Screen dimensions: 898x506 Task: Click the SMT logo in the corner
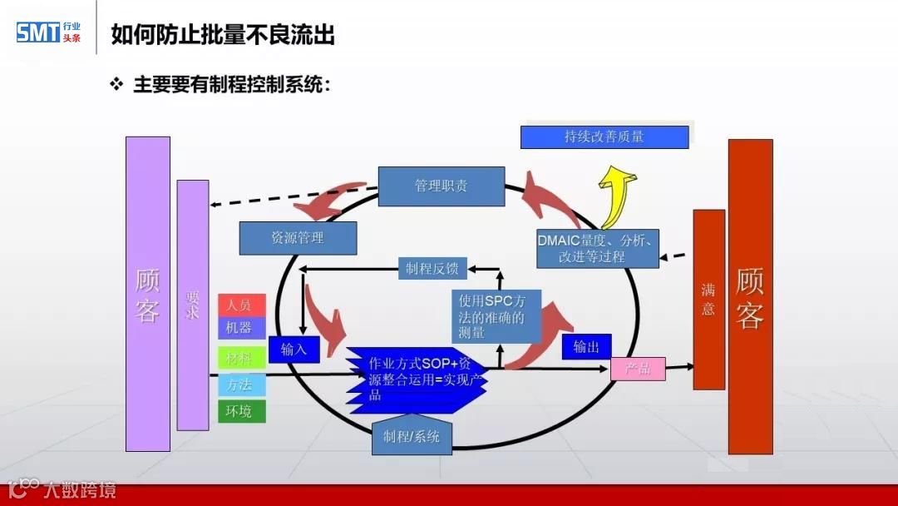[x=48, y=32]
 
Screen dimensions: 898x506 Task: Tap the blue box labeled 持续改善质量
[x=604, y=137]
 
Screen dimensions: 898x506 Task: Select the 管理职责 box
[x=441, y=186]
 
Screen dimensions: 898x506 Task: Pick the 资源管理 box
[x=298, y=238]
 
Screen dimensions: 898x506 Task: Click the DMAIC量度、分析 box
[x=597, y=248]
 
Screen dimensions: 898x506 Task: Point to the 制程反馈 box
[x=432, y=269]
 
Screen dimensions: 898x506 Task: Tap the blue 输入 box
[x=294, y=349]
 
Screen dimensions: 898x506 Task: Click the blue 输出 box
[x=586, y=347]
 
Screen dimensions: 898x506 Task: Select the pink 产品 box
[x=638, y=368]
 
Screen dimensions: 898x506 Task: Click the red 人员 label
[x=241, y=305]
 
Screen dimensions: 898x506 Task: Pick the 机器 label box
[x=241, y=327]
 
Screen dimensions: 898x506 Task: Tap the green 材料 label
[x=241, y=358]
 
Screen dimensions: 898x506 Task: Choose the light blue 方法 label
[x=241, y=384]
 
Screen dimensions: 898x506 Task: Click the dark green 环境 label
[x=241, y=410]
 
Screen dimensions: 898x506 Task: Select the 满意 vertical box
[x=708, y=300]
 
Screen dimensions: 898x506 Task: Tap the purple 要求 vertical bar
[x=193, y=305]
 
